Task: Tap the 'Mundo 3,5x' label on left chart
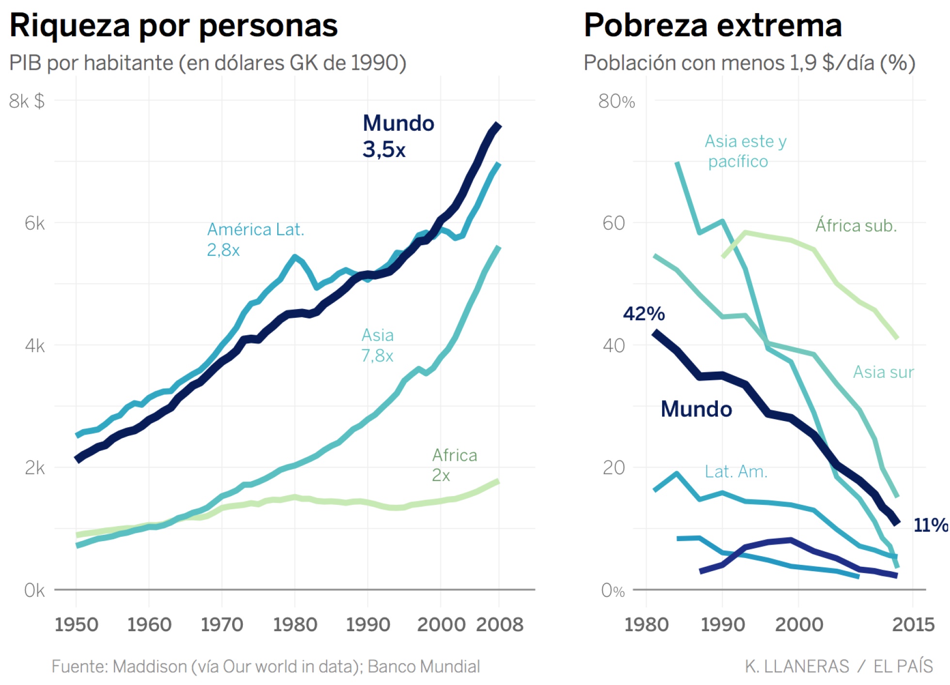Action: coord(397,136)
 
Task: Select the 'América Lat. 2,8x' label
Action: coord(255,239)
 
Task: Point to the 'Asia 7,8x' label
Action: coord(377,345)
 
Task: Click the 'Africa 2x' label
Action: coord(454,465)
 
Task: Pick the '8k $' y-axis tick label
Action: coord(27,101)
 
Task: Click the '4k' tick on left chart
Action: coord(34,346)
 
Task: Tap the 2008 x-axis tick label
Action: coord(499,624)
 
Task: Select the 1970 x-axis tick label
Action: coord(222,624)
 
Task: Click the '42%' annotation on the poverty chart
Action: coord(644,314)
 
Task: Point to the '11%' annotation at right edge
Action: coord(930,525)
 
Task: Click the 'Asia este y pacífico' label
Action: coord(745,151)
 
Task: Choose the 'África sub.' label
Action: coord(856,226)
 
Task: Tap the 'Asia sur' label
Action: coord(883,372)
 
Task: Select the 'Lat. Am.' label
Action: coord(736,471)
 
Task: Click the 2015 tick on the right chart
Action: coord(913,624)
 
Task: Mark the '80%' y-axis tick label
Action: coord(616,101)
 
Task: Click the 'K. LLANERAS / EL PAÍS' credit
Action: coord(839,667)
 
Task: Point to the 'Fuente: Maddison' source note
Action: coord(266,667)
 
